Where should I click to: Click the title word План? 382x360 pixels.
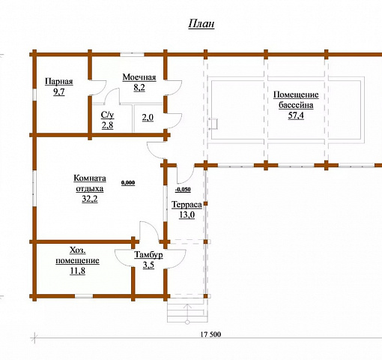coord(201,24)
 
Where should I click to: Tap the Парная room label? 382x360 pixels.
coord(59,82)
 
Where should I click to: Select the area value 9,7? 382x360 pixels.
coord(59,91)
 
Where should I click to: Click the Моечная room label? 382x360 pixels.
coord(139,77)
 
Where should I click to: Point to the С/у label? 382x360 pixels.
coord(107,115)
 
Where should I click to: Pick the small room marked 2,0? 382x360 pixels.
coord(148,118)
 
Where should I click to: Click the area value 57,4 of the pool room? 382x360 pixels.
coord(296,115)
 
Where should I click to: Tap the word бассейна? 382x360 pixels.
coord(296,105)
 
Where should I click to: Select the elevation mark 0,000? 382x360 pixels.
coord(128,183)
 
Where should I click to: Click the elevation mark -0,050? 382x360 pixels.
coord(183,190)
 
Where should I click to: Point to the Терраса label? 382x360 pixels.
coord(187,205)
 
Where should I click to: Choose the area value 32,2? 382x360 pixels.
coord(90,199)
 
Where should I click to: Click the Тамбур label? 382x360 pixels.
coord(148,255)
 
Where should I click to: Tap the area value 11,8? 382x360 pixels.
coord(78,271)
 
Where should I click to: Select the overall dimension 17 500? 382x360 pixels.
coord(210,334)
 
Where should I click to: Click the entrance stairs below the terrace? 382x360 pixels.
coord(187,310)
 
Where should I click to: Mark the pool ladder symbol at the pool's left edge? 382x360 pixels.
coord(213,124)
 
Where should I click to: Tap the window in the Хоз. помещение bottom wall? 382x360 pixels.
coord(84,296)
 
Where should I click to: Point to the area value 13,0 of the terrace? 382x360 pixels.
coord(187,214)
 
